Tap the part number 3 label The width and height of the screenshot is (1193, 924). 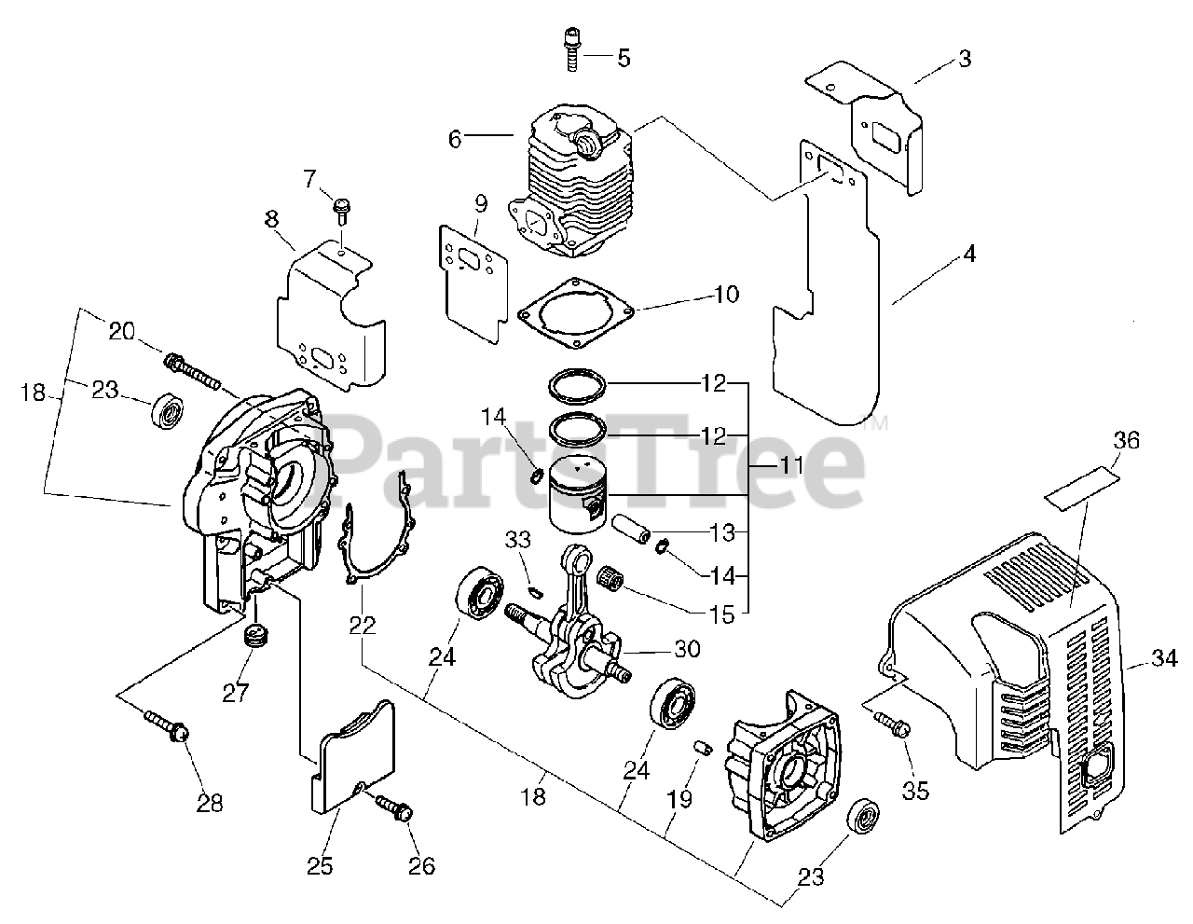[x=965, y=59]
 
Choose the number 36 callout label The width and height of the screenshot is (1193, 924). [x=1126, y=440]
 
